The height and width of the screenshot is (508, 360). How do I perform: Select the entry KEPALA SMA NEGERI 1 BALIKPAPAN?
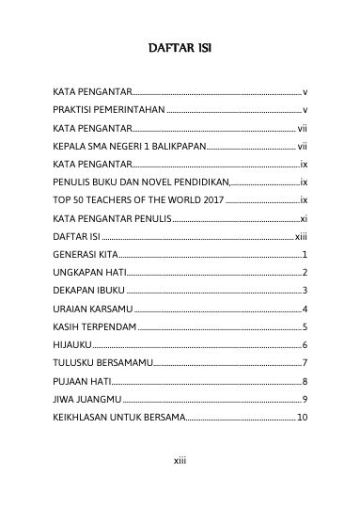click(x=127, y=147)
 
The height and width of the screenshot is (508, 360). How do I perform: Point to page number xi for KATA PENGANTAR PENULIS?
click(x=303, y=218)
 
